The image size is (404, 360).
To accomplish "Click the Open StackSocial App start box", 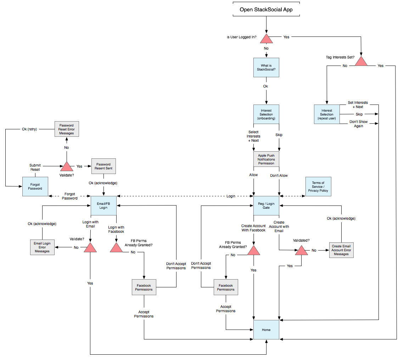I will [x=266, y=10].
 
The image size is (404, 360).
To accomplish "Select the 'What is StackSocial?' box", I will [x=266, y=67].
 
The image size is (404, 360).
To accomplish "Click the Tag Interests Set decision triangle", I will [x=361, y=61].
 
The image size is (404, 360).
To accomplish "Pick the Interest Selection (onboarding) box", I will [x=266, y=114].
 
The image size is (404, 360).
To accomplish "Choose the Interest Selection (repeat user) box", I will [x=327, y=114].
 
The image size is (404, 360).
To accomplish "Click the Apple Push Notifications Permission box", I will [x=266, y=159].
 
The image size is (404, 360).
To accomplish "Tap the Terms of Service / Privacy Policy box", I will [x=318, y=187].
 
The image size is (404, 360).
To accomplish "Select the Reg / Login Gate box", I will [x=266, y=206].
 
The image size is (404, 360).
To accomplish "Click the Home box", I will [x=266, y=330].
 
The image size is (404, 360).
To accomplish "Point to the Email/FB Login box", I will [x=103, y=206].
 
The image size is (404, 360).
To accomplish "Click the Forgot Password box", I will [x=35, y=186].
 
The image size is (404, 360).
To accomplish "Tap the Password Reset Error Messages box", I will [x=67, y=129].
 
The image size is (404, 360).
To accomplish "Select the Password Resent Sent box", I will [x=103, y=167].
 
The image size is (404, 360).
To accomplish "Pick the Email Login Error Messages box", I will [x=42, y=247].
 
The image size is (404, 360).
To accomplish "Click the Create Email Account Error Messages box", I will [x=341, y=250].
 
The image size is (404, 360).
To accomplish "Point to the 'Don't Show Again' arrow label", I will [x=359, y=124].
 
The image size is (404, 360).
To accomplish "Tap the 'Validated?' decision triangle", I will [x=302, y=251].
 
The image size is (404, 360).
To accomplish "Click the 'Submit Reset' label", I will [x=35, y=167].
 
